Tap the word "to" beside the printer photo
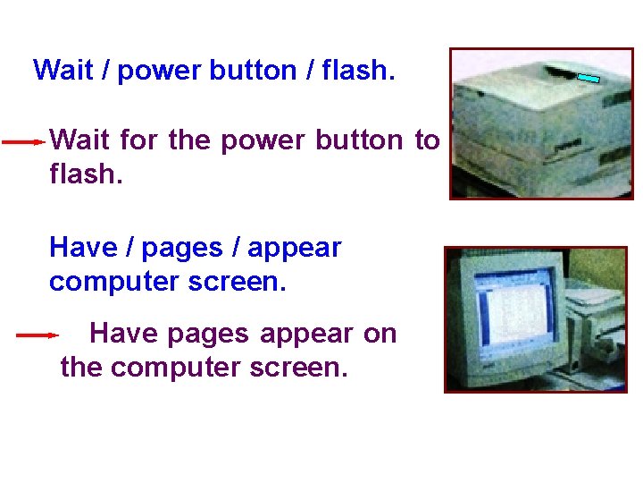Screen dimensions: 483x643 [426, 140]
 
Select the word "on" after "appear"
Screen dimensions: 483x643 [380, 334]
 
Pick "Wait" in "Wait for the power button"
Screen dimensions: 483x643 [81, 140]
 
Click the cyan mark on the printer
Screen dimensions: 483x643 [587, 79]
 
